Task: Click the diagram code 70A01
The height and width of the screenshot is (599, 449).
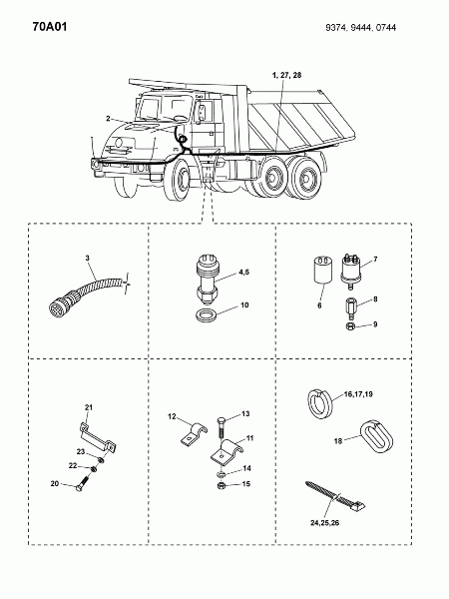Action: point(50,27)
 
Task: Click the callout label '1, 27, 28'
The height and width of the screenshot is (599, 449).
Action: point(286,75)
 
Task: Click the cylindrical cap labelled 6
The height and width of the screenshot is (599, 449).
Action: point(322,271)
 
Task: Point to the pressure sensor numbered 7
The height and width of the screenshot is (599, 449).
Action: point(350,271)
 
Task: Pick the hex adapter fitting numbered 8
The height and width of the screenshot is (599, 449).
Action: point(349,308)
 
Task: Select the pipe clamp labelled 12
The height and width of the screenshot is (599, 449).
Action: point(194,434)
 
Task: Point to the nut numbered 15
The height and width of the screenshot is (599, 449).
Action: point(221,486)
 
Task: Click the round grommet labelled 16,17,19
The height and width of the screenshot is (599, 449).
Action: point(320,403)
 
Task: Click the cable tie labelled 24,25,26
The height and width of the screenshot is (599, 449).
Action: point(335,496)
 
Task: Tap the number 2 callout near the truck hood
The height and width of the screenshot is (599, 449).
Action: point(108,119)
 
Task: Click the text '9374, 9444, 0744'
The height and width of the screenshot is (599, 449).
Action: point(361,28)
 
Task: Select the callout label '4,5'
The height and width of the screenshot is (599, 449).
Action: point(244,273)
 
